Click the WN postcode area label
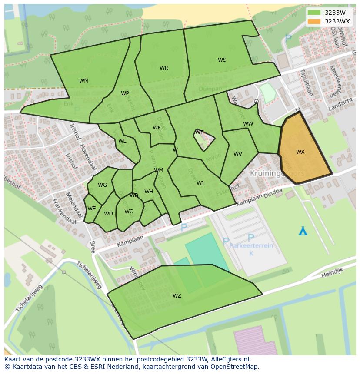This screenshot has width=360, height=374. point(83,81)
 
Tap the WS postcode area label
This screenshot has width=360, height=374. point(222,60)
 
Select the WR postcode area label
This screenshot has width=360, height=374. point(164,68)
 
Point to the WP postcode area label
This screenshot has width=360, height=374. point(125,93)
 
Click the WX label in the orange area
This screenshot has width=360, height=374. point(300,152)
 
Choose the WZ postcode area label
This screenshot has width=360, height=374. point(177,296)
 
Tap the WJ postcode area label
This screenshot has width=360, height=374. point(200,183)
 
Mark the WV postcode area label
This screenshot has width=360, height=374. point(238,154)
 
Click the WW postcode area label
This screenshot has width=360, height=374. point(248,124)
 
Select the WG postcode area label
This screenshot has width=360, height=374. point(102,185)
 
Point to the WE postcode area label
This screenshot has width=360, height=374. point(91,209)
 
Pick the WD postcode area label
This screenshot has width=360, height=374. point(108,214)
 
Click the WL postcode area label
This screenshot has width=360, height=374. point(122,141)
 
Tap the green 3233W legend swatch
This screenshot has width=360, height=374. point(314,13)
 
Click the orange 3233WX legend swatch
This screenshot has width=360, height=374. point(314,21)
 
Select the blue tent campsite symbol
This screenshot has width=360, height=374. point(303,231)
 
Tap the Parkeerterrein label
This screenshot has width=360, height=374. point(251,246)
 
